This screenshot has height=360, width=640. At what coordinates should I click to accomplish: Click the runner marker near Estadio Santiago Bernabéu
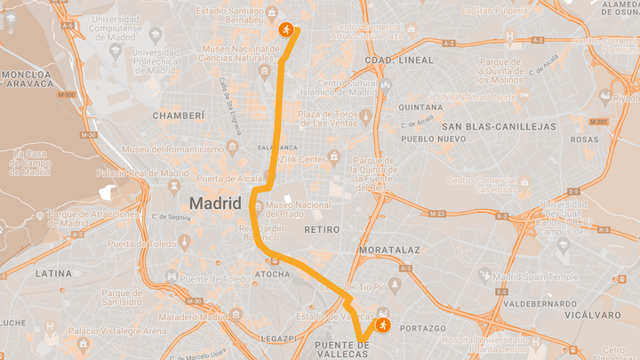286,29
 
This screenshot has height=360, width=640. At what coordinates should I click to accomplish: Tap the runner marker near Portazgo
381,324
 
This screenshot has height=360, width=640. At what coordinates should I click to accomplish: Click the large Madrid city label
215,204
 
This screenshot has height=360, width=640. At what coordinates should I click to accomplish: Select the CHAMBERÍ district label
180,116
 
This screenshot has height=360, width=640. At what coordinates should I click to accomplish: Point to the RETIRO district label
322,229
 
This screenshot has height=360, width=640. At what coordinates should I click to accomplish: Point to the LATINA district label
53,274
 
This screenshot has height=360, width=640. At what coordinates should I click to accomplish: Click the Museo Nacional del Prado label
296,209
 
